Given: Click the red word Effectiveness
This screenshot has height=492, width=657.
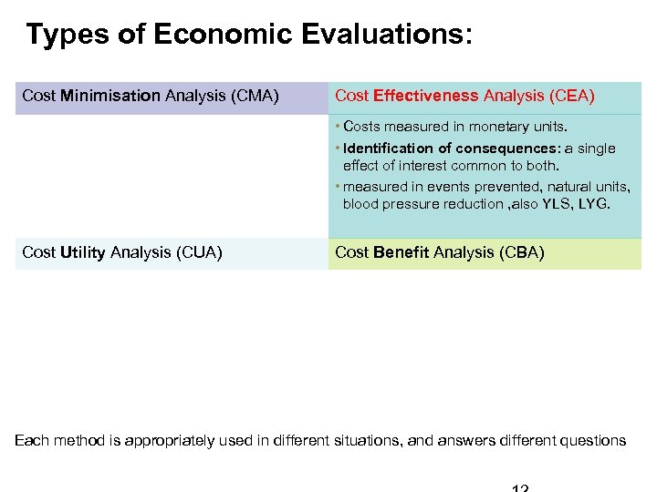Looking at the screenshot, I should coord(426,96).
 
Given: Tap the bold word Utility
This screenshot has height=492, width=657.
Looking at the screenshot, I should coord(83,252).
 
